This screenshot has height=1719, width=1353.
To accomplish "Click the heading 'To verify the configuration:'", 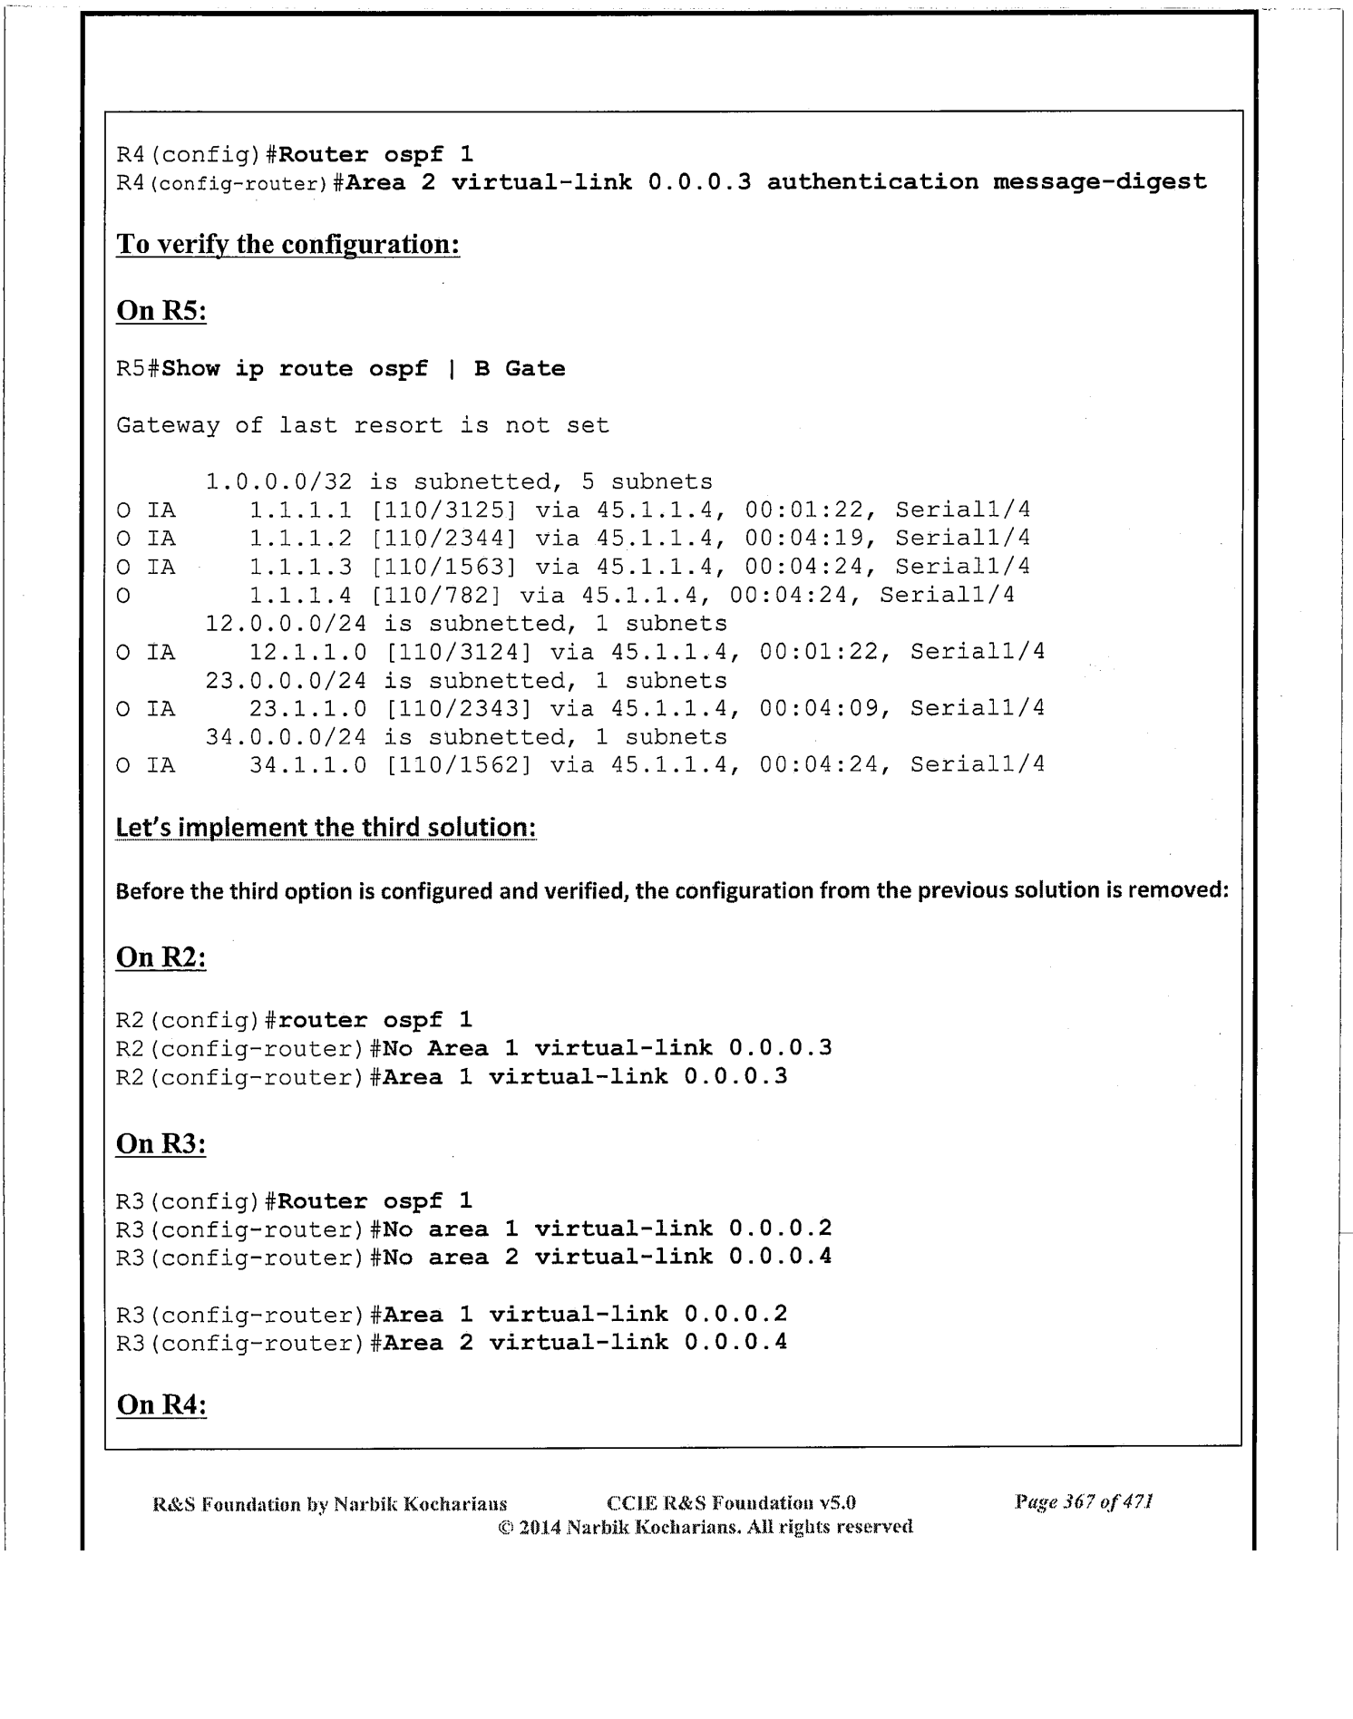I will (x=287, y=245).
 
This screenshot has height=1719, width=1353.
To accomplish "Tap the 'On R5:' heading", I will (x=161, y=311).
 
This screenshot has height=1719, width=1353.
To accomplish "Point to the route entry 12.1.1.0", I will (x=308, y=652).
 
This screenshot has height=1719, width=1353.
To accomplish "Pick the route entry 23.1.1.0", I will (x=308, y=708).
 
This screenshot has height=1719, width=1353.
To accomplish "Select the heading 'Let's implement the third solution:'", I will (x=326, y=828).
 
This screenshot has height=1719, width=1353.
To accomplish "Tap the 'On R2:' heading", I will (x=161, y=957).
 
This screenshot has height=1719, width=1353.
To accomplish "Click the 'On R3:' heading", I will (x=161, y=1144).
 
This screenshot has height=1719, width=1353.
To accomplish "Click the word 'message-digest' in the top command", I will (x=1099, y=182).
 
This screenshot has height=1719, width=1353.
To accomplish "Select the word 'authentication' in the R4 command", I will (x=872, y=182).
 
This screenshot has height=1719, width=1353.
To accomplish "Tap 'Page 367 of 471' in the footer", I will (x=1083, y=1502).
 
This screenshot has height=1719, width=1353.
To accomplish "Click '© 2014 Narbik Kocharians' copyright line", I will (x=705, y=1527).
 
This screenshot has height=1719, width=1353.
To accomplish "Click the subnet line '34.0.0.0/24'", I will (x=287, y=737).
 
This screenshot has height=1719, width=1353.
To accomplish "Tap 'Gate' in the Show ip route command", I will (x=535, y=369).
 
